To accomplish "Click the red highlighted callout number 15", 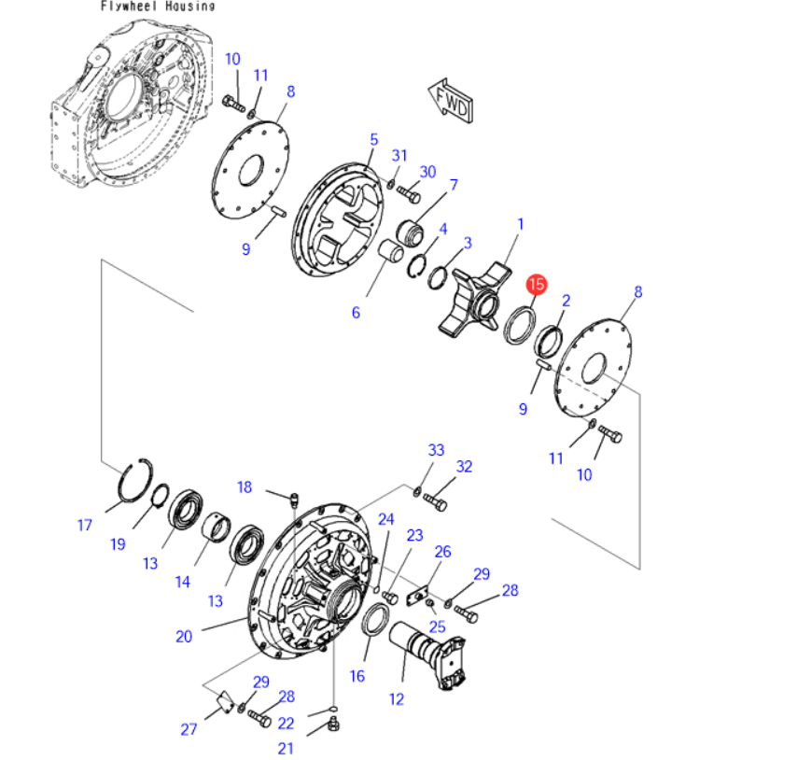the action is (537, 284).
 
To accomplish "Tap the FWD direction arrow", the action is (451, 101).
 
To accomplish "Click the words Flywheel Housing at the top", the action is (157, 7).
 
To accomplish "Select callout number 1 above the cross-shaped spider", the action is (521, 224).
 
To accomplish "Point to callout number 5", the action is (374, 139).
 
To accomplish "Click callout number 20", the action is (184, 637).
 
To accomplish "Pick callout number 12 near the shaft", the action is (397, 699).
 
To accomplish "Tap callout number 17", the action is (85, 525).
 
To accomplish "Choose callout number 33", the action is (436, 450).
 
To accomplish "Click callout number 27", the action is (189, 729).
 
